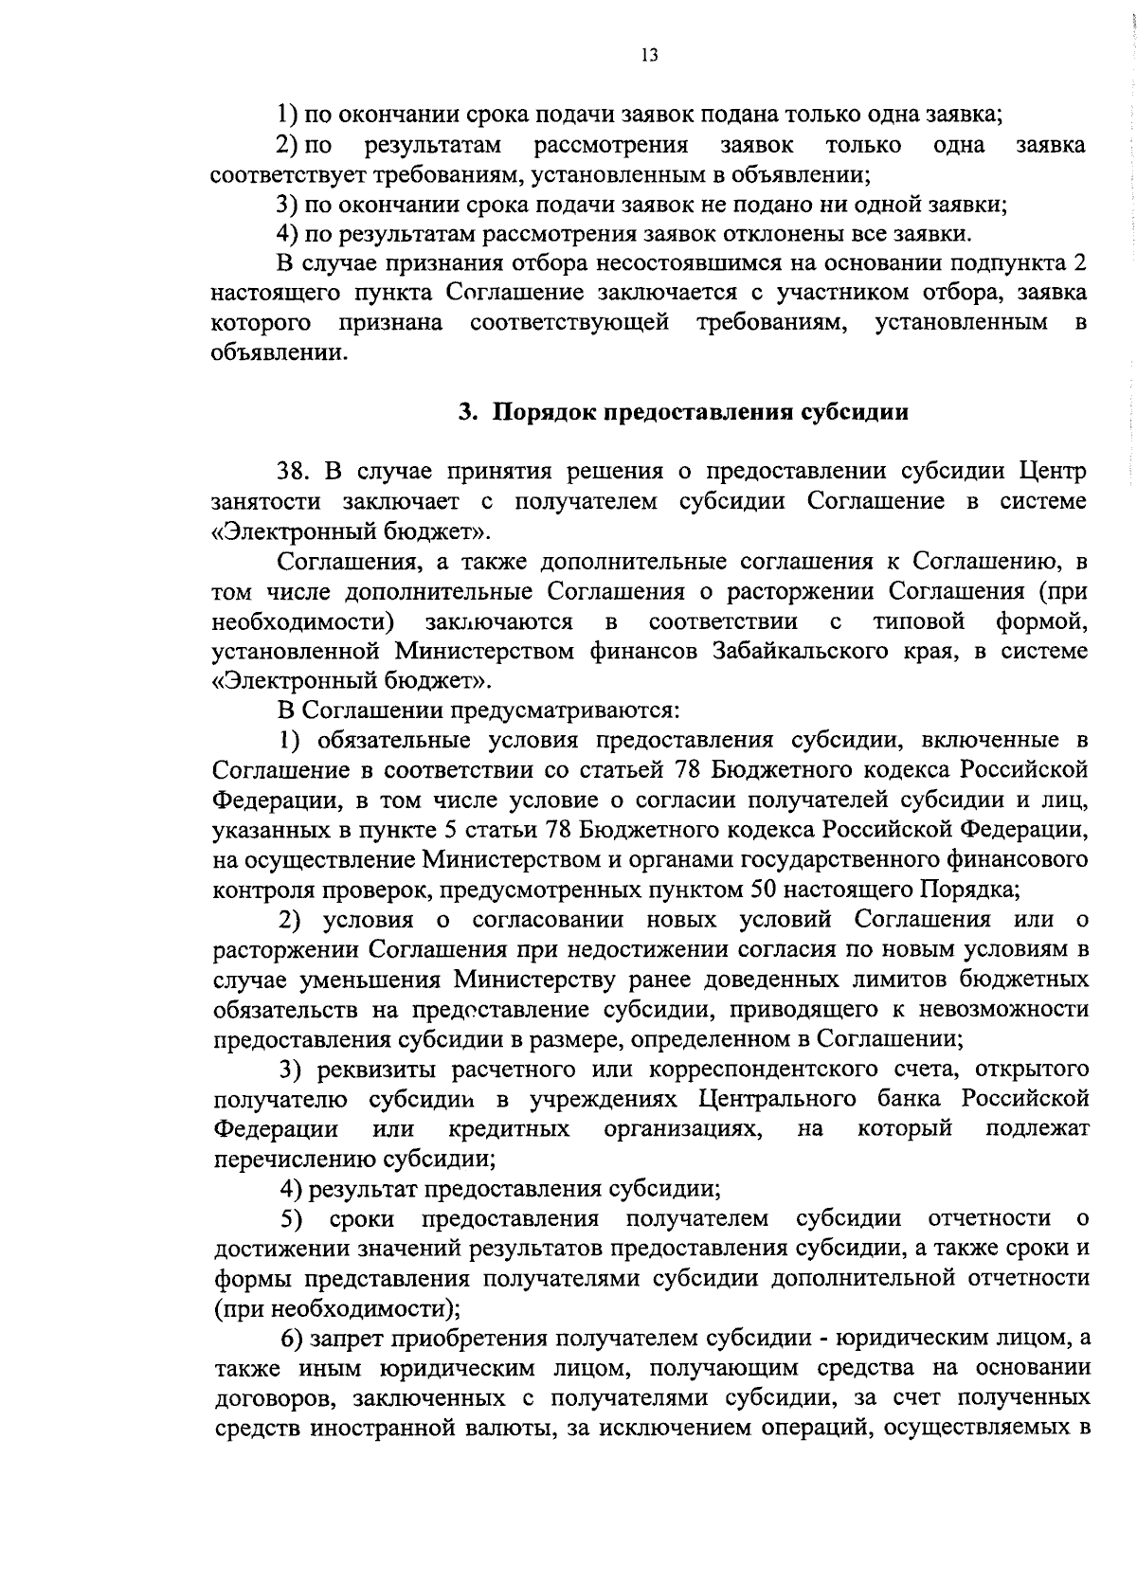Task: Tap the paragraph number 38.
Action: click(x=296, y=471)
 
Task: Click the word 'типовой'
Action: click(x=918, y=621)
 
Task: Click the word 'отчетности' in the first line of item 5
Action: click(x=990, y=1218)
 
